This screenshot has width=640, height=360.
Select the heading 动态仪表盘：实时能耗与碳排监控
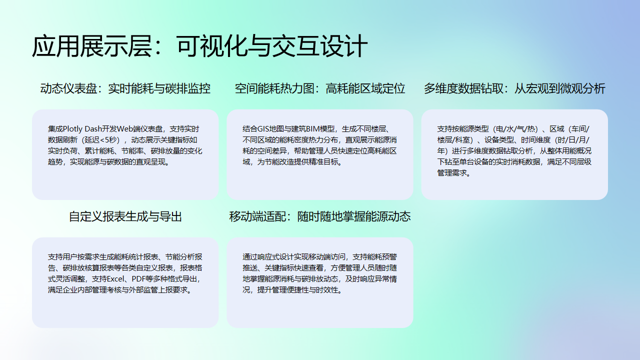(x=125, y=89)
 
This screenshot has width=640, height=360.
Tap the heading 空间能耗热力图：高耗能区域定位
(x=320, y=89)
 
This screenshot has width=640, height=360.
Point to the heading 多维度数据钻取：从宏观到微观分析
(x=514, y=89)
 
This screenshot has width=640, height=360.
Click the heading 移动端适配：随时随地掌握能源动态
(x=320, y=215)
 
